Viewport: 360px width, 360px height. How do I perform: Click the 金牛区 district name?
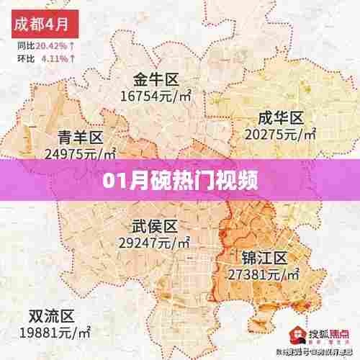coord(156,78)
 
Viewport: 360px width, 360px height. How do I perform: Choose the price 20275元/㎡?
coord(281,133)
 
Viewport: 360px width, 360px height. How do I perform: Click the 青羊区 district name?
coord(80,137)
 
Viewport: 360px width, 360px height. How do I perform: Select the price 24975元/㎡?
coord(80,153)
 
